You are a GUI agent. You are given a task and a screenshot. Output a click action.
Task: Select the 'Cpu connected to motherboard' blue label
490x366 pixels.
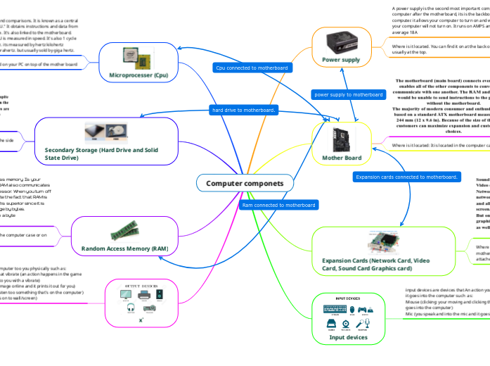coord(251,68)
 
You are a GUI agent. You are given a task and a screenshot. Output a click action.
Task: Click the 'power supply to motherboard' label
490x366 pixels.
coord(348,94)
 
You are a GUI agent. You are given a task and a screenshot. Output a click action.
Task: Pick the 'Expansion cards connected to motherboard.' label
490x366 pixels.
coord(407,177)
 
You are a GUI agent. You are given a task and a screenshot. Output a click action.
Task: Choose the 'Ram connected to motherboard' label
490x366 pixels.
coord(278,205)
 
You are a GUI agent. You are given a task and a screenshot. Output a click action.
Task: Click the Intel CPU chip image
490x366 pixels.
coord(138,57)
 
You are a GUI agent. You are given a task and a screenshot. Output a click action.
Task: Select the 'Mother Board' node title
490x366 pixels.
coord(342,158)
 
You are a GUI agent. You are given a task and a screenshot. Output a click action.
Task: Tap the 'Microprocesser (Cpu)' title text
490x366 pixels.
coord(138,74)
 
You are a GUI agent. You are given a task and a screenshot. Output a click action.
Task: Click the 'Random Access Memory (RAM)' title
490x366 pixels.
coord(124,249)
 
